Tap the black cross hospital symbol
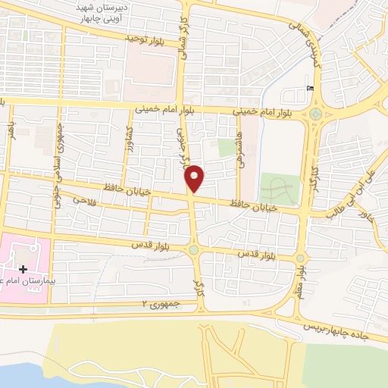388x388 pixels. click(x=24, y=268)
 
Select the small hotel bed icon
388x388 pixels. click(x=308, y=88)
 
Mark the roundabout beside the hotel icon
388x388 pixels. click(x=316, y=114)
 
